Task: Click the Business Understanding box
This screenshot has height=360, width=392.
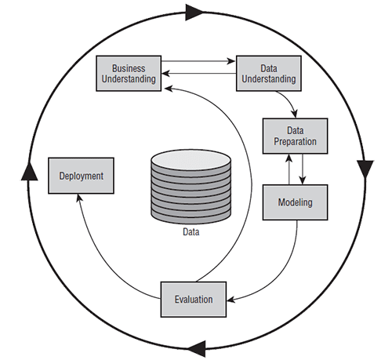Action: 129,74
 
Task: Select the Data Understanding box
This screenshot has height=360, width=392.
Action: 269,74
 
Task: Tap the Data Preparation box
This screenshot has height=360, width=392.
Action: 295,136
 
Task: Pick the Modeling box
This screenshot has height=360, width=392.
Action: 295,202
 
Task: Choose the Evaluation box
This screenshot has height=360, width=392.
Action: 194,300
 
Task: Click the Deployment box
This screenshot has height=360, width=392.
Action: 81,176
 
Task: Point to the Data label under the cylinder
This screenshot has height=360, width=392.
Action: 191,232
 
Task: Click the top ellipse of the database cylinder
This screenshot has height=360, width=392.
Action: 191,159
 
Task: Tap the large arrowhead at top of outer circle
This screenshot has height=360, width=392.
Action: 194,13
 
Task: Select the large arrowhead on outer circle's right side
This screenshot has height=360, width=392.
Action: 365,169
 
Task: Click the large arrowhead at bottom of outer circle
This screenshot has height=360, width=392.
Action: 197,348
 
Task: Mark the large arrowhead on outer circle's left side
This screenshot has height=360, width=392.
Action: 29,171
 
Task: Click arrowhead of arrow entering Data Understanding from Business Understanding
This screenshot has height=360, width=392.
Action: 231,61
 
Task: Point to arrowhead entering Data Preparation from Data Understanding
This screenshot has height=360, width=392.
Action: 295,114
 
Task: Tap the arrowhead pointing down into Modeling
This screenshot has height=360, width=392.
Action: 303,180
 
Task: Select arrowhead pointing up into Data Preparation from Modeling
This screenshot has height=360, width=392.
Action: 289,158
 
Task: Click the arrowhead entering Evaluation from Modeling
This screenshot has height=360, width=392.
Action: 231,300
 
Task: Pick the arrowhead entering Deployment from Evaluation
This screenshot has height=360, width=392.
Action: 79,198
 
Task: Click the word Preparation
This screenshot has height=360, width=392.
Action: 295,142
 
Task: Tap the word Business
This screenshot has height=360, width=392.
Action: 129,68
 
